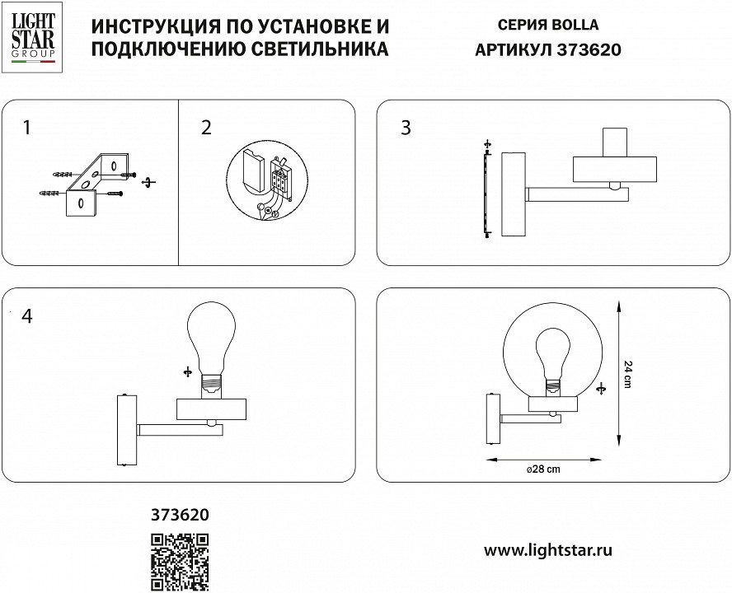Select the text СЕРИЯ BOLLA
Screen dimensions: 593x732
(x=549, y=26)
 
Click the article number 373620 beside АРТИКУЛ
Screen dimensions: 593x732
(x=589, y=49)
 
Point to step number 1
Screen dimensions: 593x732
(x=28, y=128)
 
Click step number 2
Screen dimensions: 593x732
(x=206, y=128)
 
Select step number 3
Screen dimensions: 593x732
(x=406, y=128)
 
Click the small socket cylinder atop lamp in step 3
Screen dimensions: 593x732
(x=615, y=141)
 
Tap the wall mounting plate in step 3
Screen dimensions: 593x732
(x=513, y=195)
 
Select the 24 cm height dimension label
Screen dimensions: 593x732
(x=629, y=375)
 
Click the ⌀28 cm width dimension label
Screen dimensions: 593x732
(x=542, y=469)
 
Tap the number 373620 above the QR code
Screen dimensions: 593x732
(x=180, y=515)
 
